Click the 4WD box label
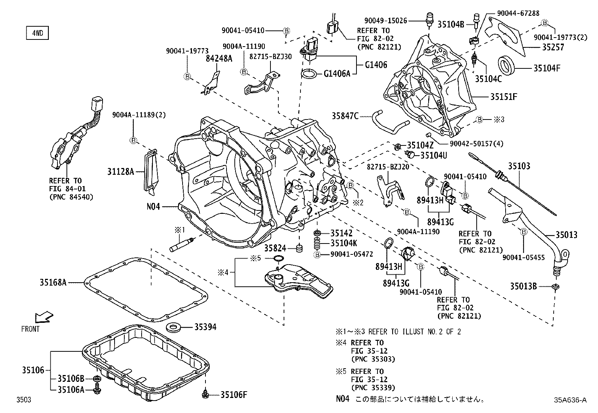tap(37, 33)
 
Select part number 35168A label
tap(53, 282)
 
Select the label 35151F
tap(503, 97)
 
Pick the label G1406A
tap(337, 74)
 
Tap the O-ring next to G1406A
tap(310, 74)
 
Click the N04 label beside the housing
tap(153, 206)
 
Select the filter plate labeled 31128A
tap(151, 171)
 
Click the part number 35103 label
tap(519, 166)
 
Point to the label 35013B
tap(523, 286)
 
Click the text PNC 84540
tap(71, 197)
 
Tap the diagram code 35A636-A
tap(569, 400)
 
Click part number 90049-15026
tap(385, 21)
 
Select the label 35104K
tap(344, 244)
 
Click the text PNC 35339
tap(373, 388)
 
